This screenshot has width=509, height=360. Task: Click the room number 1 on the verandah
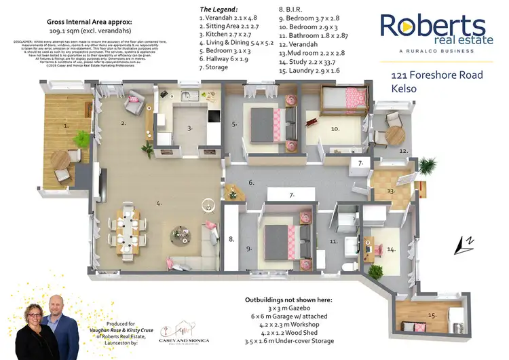pyautogui.click(x=66, y=126)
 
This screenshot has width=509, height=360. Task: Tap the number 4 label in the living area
pyautogui.click(x=158, y=202)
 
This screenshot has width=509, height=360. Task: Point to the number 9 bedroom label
pyautogui.click(x=249, y=249)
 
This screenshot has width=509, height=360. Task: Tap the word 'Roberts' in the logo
pyautogui.click(x=432, y=26)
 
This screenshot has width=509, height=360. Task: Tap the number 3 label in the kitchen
pyautogui.click(x=191, y=127)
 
